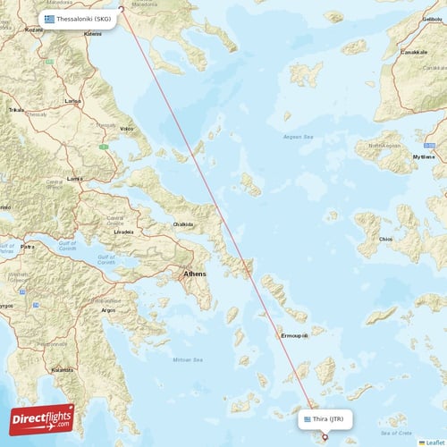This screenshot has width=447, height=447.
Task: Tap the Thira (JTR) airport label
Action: [x=333, y=417]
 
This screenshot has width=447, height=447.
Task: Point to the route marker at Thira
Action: [x=325, y=436]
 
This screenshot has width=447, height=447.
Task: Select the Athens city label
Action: [x=194, y=274]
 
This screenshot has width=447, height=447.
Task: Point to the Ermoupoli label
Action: [x=295, y=335]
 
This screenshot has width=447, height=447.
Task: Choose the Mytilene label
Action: [x=423, y=156]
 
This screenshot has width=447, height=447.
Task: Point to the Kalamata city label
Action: [x=63, y=369]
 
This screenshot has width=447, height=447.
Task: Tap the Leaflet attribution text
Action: [x=434, y=442]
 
